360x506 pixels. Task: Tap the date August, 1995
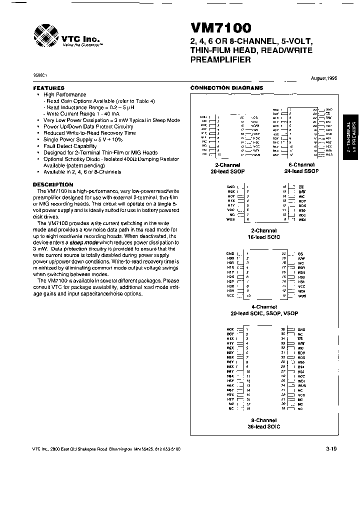point(324,79)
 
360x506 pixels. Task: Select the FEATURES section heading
point(48,87)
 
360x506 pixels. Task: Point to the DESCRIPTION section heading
point(52,184)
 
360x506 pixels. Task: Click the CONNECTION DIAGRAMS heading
point(226,88)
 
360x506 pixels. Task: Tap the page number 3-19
point(331,448)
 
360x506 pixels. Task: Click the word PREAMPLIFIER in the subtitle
point(220,60)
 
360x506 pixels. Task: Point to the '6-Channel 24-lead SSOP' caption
point(301,167)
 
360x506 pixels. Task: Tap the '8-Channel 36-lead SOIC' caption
point(263,423)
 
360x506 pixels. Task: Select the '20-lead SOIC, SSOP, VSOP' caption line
point(263,313)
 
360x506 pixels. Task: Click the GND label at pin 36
point(301,329)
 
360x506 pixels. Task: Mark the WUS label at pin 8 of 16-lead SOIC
point(230,219)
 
